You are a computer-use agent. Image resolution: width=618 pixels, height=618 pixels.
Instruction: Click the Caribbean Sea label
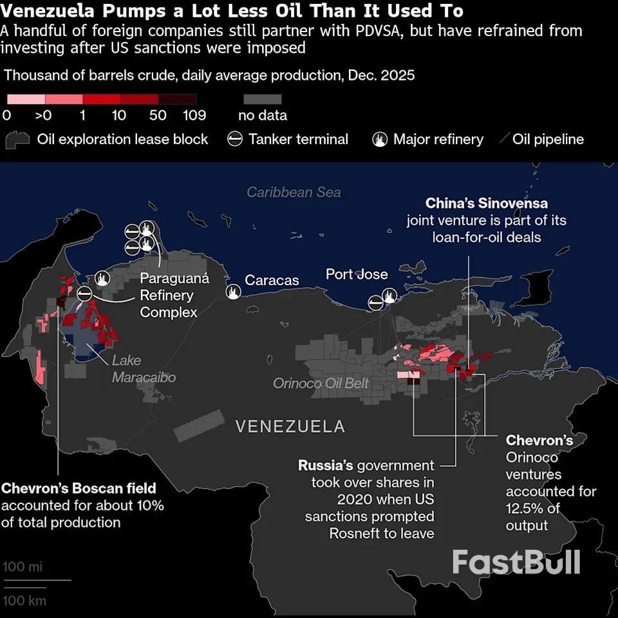coord(294,192)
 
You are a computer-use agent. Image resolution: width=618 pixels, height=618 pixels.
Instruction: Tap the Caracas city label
coord(272,280)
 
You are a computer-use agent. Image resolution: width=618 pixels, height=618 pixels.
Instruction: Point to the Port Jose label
coord(357,274)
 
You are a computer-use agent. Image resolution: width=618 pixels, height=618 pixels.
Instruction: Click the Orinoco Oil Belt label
coord(321,383)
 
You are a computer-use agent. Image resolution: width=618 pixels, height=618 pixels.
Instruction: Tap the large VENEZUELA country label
coord(290,426)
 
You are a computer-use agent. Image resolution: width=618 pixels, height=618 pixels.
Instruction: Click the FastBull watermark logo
coord(516,562)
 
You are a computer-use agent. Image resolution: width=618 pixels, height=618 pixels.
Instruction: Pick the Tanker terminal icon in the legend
coord(236,139)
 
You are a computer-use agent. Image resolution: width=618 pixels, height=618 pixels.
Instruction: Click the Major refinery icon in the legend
coord(380,139)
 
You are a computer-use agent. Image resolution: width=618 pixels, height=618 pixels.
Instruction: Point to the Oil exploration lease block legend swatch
coord(18,140)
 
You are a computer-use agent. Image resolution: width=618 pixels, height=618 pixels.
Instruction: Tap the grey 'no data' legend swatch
coord(263,99)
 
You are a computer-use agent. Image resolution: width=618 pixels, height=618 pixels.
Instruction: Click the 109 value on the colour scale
coord(194,115)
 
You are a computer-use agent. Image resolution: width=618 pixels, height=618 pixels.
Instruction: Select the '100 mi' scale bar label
coord(23,567)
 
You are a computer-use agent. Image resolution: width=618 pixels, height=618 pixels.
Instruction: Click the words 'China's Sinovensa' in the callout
coord(486,203)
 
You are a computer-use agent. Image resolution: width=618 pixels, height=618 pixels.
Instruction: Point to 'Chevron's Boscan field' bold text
coord(79,487)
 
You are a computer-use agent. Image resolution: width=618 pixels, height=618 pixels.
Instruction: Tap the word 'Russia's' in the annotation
coord(325,465)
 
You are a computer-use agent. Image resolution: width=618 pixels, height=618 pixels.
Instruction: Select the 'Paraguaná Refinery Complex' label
coord(167,295)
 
